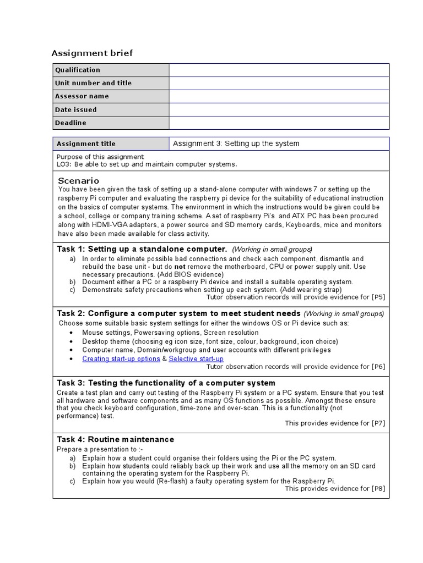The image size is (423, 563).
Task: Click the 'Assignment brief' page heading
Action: click(x=92, y=53)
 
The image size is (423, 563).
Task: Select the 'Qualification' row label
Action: click(x=78, y=70)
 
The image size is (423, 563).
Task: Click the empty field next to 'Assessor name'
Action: click(x=279, y=96)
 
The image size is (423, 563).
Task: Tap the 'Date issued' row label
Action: click(x=76, y=109)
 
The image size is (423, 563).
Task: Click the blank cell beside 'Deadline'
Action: click(x=279, y=123)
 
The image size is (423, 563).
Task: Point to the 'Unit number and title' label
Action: click(x=94, y=83)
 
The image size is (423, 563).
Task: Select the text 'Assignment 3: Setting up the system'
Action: click(x=236, y=143)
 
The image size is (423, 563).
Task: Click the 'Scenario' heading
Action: click(x=79, y=181)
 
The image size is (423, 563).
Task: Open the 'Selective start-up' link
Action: click(x=196, y=359)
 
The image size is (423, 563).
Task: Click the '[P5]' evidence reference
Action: click(x=378, y=297)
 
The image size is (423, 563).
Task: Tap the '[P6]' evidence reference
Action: click(x=378, y=367)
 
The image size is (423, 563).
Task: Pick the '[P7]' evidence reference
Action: click(x=378, y=423)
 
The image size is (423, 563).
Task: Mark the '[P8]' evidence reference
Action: click(x=378, y=489)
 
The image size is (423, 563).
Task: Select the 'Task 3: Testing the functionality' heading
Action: click(x=166, y=383)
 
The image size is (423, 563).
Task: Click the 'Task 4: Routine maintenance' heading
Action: click(x=116, y=439)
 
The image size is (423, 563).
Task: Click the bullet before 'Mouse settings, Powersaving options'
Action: click(x=73, y=333)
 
